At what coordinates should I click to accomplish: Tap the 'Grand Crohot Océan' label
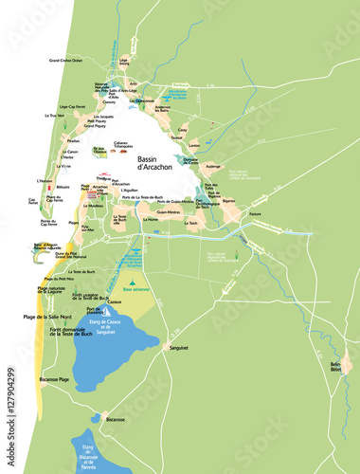pos(67,60)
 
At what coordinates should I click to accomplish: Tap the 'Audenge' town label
pos(213,166)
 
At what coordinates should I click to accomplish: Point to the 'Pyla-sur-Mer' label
pos(86,228)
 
